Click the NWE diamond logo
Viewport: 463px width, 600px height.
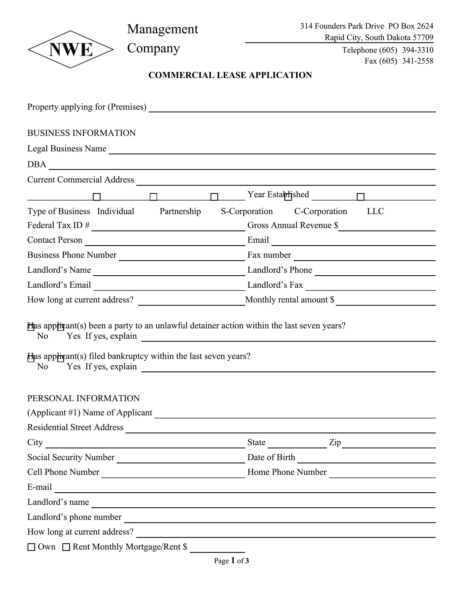[x=71, y=49]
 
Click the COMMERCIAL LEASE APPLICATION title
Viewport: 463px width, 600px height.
[x=230, y=75]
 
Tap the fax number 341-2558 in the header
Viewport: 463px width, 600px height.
[x=418, y=61]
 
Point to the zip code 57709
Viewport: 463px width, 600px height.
[x=423, y=37]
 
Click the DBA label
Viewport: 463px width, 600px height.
[x=37, y=164]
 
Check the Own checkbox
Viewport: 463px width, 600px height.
[x=32, y=547]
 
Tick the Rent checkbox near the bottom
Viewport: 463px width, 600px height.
[x=66, y=547]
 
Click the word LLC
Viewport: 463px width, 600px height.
[x=375, y=211]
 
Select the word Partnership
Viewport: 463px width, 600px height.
[x=180, y=211]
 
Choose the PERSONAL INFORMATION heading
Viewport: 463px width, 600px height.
[x=83, y=398]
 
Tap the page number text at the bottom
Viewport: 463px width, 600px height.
[x=231, y=561]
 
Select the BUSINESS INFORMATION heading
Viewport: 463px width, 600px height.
[x=81, y=133]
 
